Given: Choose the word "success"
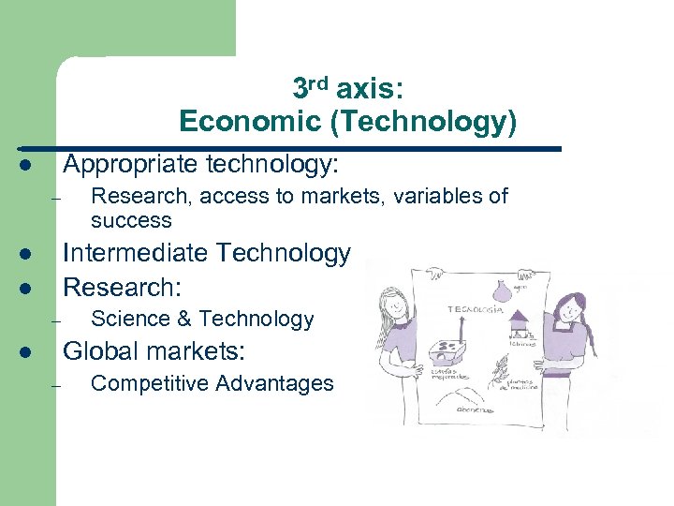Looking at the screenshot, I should (x=131, y=220).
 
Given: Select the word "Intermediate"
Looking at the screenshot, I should (x=137, y=253).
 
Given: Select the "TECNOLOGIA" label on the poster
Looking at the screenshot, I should (x=478, y=308).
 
